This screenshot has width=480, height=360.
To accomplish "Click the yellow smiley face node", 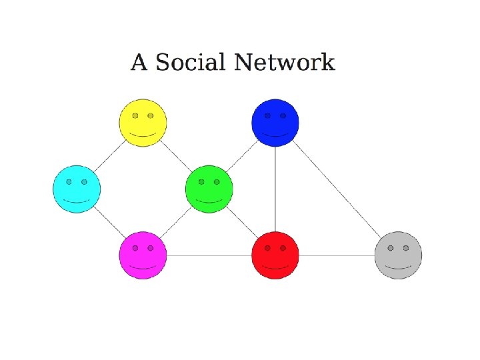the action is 143,123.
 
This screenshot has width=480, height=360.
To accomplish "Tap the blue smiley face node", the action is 275,123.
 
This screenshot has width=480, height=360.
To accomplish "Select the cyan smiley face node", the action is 77,189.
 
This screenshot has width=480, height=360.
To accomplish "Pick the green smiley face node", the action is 209,189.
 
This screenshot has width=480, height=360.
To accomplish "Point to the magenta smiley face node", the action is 143,255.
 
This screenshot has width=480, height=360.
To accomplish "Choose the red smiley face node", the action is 275,255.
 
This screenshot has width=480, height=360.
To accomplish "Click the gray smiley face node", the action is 398,255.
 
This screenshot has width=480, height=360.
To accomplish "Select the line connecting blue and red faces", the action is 275,189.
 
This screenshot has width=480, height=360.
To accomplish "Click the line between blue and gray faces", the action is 337,189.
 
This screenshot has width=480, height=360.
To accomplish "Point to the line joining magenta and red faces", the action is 209,255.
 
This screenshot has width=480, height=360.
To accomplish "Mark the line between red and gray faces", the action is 337,255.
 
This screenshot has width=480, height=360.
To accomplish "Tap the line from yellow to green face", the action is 176,156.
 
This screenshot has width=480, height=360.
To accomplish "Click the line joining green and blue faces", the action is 242,156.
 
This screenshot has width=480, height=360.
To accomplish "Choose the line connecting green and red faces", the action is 242,222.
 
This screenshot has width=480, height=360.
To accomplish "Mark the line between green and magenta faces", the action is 176,222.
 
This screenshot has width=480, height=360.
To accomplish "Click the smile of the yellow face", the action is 143,135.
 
